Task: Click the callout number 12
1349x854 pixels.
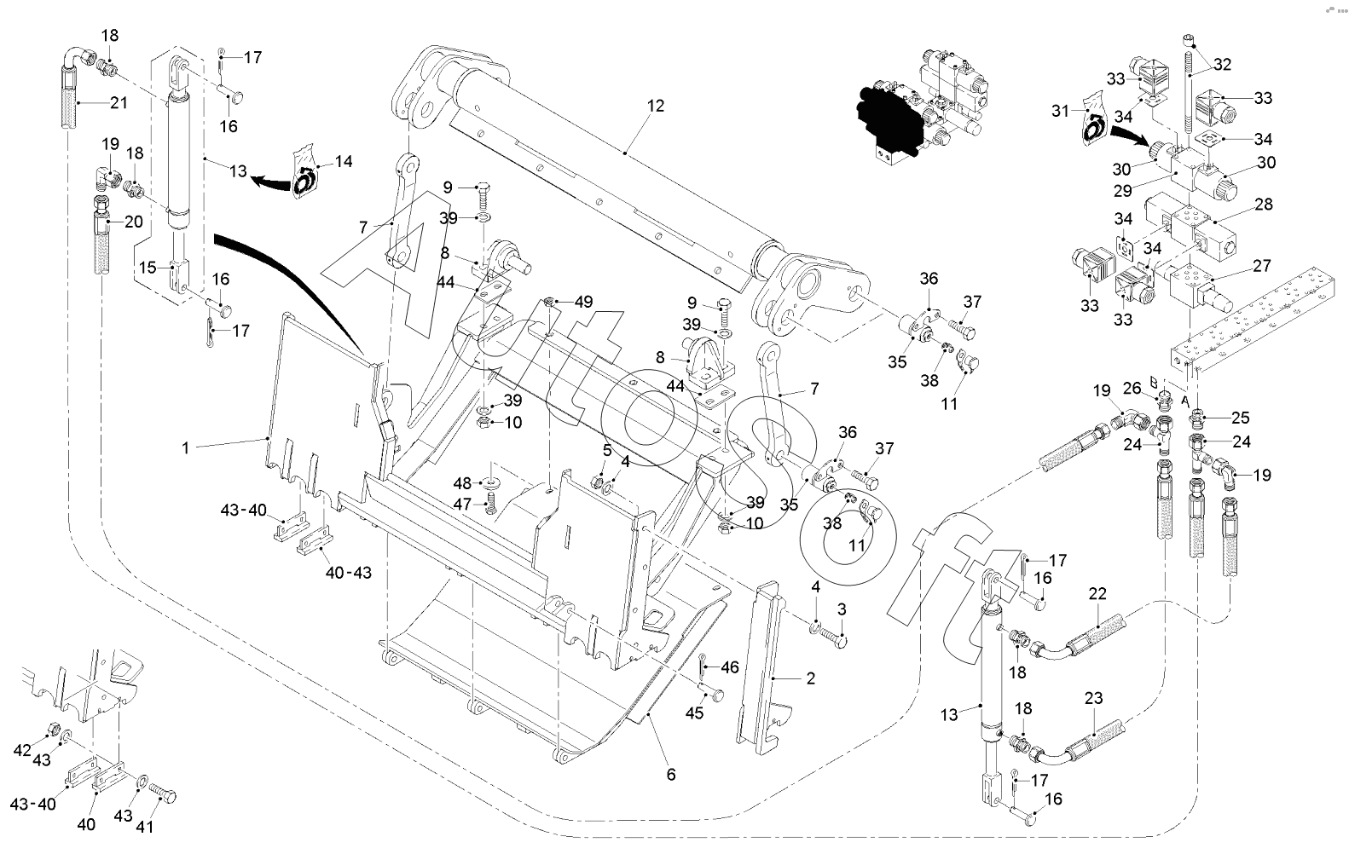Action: (x=655, y=107)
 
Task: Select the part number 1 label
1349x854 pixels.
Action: (x=185, y=447)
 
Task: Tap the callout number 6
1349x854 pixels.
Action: (x=670, y=775)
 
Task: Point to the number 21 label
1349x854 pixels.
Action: (x=118, y=103)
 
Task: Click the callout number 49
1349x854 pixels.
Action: (x=583, y=301)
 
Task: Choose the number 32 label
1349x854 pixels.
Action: (x=1222, y=64)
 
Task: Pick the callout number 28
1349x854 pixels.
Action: (x=1263, y=205)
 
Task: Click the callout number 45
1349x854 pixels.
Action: (x=695, y=713)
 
